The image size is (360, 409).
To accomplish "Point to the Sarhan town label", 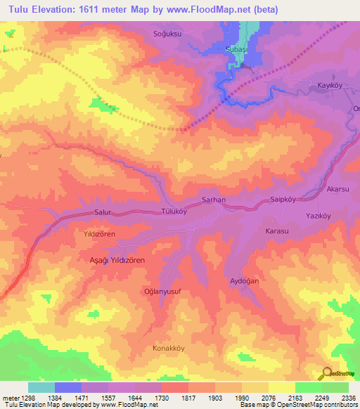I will (x=213, y=200).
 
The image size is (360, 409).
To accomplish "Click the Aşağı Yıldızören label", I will (x=116, y=260).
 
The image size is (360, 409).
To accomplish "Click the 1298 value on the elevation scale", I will (x=20, y=398).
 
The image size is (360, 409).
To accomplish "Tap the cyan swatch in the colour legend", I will (x=41, y=387).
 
